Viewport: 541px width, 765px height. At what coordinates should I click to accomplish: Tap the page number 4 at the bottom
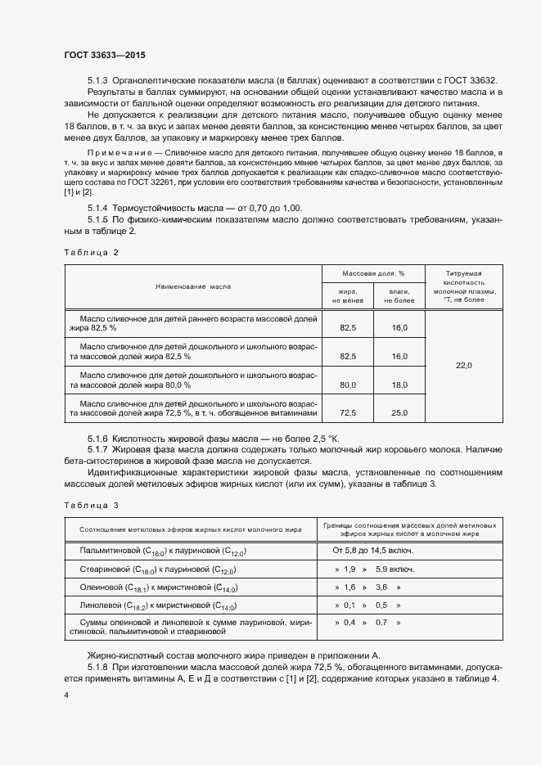[x=66, y=695]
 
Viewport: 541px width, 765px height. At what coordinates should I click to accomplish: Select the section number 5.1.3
[x=97, y=79]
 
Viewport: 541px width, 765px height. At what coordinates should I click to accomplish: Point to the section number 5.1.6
[x=97, y=439]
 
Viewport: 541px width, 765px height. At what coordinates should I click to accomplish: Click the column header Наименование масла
[x=193, y=287]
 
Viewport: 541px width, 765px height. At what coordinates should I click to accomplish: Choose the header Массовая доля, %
[x=373, y=273]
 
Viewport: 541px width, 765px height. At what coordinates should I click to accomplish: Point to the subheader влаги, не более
[x=399, y=296]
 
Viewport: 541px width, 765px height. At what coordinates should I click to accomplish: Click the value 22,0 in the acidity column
[x=463, y=366]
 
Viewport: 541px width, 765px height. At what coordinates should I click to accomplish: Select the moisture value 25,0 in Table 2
[x=399, y=413]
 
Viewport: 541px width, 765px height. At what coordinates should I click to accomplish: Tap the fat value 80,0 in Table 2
[x=348, y=385]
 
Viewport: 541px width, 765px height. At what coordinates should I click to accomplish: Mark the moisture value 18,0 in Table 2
[x=399, y=385]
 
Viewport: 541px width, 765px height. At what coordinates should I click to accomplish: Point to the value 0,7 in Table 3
[x=381, y=623]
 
